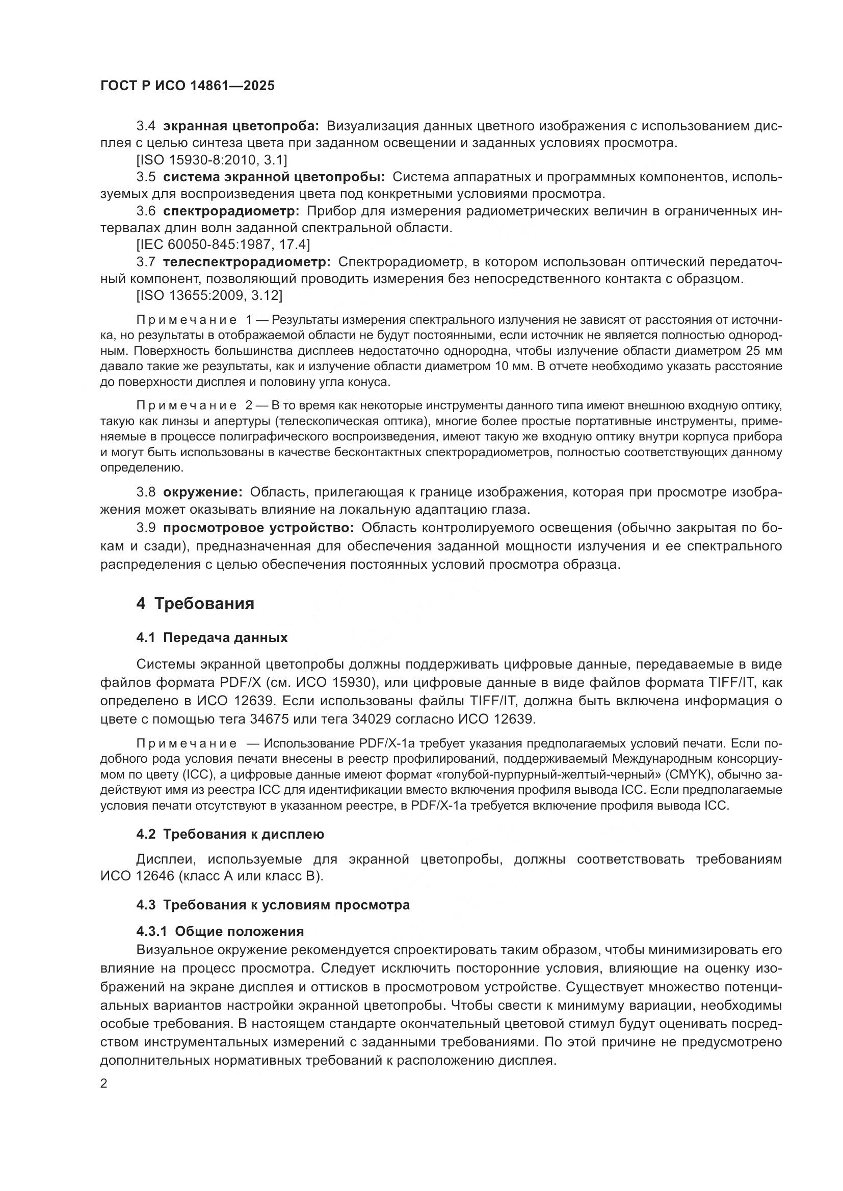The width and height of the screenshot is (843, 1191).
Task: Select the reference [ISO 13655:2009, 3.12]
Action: pos(209,296)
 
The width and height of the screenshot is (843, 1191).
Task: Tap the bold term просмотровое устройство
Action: pos(258,528)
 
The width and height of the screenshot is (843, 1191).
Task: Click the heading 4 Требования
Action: pos(195,604)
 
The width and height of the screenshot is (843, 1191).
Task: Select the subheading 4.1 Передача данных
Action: pos(212,638)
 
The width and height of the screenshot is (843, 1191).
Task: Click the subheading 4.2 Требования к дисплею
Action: pos(230,834)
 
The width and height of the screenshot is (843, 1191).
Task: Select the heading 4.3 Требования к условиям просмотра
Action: pos(273,905)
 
